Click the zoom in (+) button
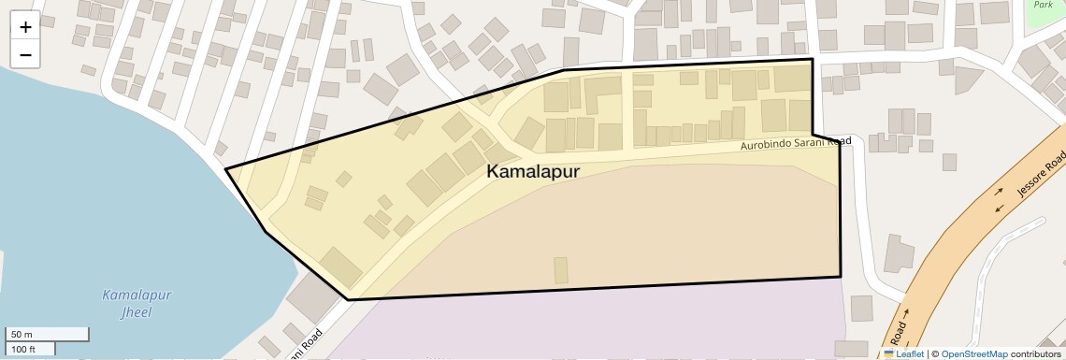(x=25, y=27)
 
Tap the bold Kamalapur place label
(x=533, y=172)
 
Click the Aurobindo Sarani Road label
(x=796, y=144)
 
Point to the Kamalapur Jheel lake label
(x=137, y=303)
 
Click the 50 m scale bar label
(x=21, y=334)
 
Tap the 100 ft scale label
(x=23, y=349)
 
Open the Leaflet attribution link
(x=909, y=353)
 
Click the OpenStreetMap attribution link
(x=973, y=353)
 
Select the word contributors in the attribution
(x=1035, y=353)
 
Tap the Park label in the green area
(x=1043, y=5)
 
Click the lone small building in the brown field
(x=560, y=270)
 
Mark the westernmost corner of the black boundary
(x=226, y=169)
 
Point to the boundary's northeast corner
(x=812, y=60)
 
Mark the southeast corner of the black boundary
(x=840, y=277)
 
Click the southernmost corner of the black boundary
(x=349, y=299)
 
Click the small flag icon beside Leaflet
(x=888, y=353)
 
